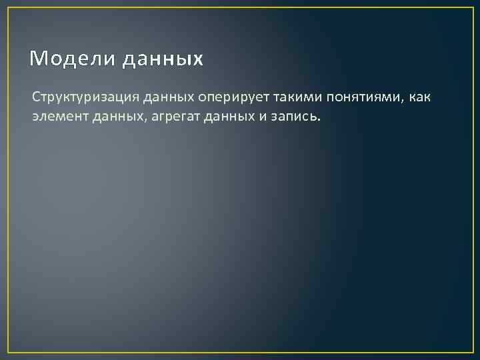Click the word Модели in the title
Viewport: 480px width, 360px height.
pyautogui.click(x=71, y=59)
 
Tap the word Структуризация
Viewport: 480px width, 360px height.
pyautogui.click(x=85, y=98)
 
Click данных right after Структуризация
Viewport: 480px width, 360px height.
pyautogui.click(x=167, y=98)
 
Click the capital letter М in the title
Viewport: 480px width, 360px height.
pyautogui.click(x=37, y=59)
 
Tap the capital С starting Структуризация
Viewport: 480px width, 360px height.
pyautogui.click(x=36, y=98)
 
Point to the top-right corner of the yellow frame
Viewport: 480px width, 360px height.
pyautogui.click(x=472, y=8)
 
